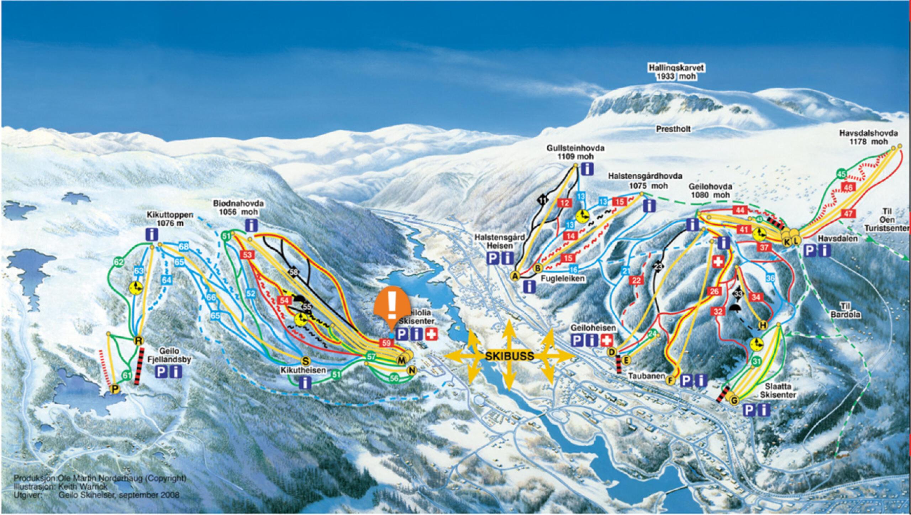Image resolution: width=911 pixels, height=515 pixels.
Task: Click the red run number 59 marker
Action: click(x=387, y=343)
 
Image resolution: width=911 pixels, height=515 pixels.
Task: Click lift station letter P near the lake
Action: click(x=115, y=388)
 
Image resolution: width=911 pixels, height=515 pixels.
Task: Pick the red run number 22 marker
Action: click(x=636, y=281)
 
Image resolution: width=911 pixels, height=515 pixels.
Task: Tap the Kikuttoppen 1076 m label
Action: click(x=170, y=219)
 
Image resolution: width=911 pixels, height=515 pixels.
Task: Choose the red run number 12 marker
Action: click(x=565, y=203)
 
